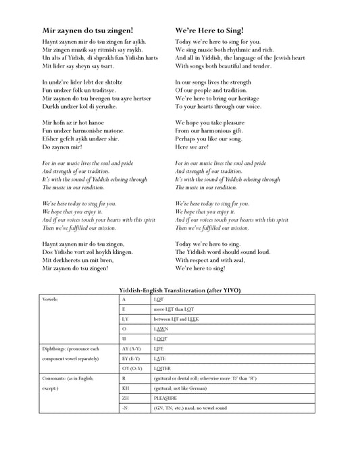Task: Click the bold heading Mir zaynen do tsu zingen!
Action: [x=87, y=30]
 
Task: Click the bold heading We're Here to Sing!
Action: [x=209, y=30]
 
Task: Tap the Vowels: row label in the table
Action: [x=51, y=298]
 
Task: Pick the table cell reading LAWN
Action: [x=161, y=328]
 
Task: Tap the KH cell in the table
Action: [x=126, y=389]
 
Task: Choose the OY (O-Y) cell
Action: [x=131, y=368]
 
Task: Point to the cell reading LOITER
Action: [x=162, y=368]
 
